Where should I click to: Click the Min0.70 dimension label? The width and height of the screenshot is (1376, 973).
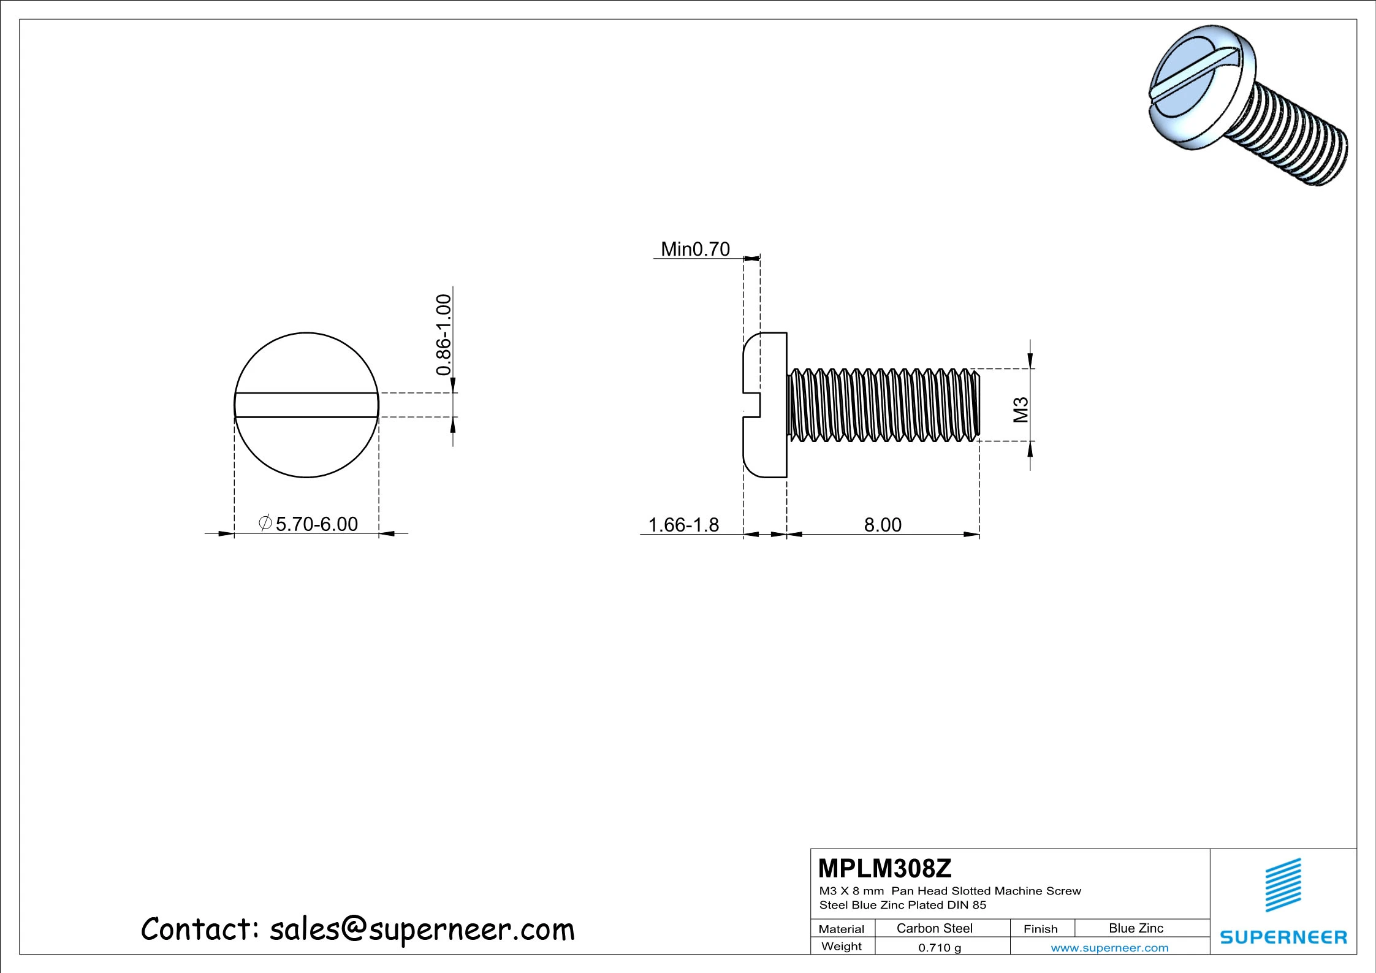pyautogui.click(x=695, y=249)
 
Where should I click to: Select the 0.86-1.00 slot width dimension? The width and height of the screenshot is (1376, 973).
pyautogui.click(x=444, y=335)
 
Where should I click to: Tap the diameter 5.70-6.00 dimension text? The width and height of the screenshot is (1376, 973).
pyautogui.click(x=309, y=524)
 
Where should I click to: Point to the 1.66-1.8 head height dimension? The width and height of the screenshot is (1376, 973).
pyautogui.click(x=683, y=525)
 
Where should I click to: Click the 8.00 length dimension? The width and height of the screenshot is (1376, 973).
pyautogui.click(x=883, y=525)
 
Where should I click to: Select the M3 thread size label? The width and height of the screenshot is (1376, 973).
pyautogui.click(x=1021, y=410)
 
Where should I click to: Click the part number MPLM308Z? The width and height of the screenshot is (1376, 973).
pyautogui.click(x=884, y=869)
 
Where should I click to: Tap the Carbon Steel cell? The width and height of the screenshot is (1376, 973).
pyautogui.click(x=934, y=928)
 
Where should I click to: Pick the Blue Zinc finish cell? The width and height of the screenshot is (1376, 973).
pyautogui.click(x=1136, y=928)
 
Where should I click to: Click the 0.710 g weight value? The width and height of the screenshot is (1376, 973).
pyautogui.click(x=940, y=947)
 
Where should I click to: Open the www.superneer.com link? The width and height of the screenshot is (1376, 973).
pyautogui.click(x=1109, y=947)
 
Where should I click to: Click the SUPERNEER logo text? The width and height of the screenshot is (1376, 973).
pyautogui.click(x=1283, y=937)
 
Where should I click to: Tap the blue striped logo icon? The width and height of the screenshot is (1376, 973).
pyautogui.click(x=1283, y=885)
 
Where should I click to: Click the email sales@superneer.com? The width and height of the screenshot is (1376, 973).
pyautogui.click(x=422, y=929)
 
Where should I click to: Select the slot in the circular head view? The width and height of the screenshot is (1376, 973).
pyautogui.click(x=306, y=405)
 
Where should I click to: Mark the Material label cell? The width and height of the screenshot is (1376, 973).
pyautogui.click(x=841, y=929)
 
